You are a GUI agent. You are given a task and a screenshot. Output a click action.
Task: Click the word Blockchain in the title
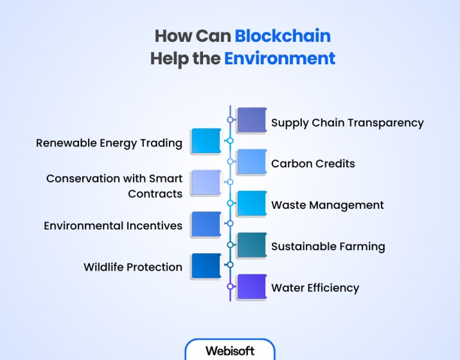283,36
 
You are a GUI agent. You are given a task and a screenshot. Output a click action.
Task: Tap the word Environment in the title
279,58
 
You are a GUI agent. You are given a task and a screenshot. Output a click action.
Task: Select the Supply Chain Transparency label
348,123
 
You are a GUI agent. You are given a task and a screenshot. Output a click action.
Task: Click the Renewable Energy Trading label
109,143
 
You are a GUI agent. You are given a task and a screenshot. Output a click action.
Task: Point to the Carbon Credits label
313,163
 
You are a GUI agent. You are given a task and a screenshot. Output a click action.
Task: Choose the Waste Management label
328,205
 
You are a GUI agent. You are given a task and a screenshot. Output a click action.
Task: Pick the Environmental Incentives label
113,226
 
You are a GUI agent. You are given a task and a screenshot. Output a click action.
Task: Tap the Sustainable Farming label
328,247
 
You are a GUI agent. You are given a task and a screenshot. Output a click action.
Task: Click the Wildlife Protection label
133,267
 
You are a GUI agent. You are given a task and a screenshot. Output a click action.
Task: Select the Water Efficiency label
315,288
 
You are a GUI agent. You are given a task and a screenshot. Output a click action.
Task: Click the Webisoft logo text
230,351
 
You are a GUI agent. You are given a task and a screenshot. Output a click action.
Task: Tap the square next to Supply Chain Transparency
252,120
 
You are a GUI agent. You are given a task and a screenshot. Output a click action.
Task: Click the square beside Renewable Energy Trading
206,141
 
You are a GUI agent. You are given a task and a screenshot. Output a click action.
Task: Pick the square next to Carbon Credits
252,162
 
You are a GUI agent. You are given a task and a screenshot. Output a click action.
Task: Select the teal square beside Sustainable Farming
252,245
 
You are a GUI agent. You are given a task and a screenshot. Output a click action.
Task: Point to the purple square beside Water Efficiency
252,287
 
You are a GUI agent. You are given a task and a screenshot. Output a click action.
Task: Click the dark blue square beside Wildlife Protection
206,266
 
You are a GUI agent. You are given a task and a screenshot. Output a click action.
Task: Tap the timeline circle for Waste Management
230,203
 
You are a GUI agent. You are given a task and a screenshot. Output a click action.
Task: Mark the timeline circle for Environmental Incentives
230,224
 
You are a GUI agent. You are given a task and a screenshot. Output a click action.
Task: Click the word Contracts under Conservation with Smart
155,194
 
